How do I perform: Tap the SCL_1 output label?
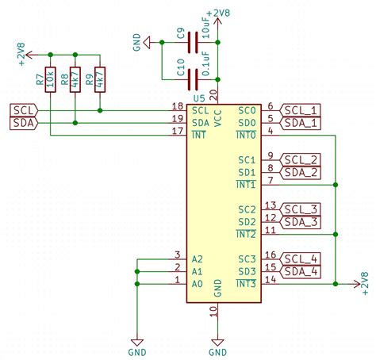tap(302, 109)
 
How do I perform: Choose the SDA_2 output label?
tap(302, 172)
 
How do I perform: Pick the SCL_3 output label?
tap(302, 209)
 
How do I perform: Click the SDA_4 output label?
tap(302, 271)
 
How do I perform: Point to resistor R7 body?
tap(51, 79)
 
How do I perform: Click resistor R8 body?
tap(75, 79)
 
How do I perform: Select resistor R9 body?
tap(99, 79)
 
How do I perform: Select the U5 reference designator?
tap(198, 98)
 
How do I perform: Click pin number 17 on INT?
tap(178, 131)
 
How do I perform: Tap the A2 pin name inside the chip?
tap(198, 259)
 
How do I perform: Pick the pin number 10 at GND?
tap(213, 312)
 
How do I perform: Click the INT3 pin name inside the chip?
tap(246, 284)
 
